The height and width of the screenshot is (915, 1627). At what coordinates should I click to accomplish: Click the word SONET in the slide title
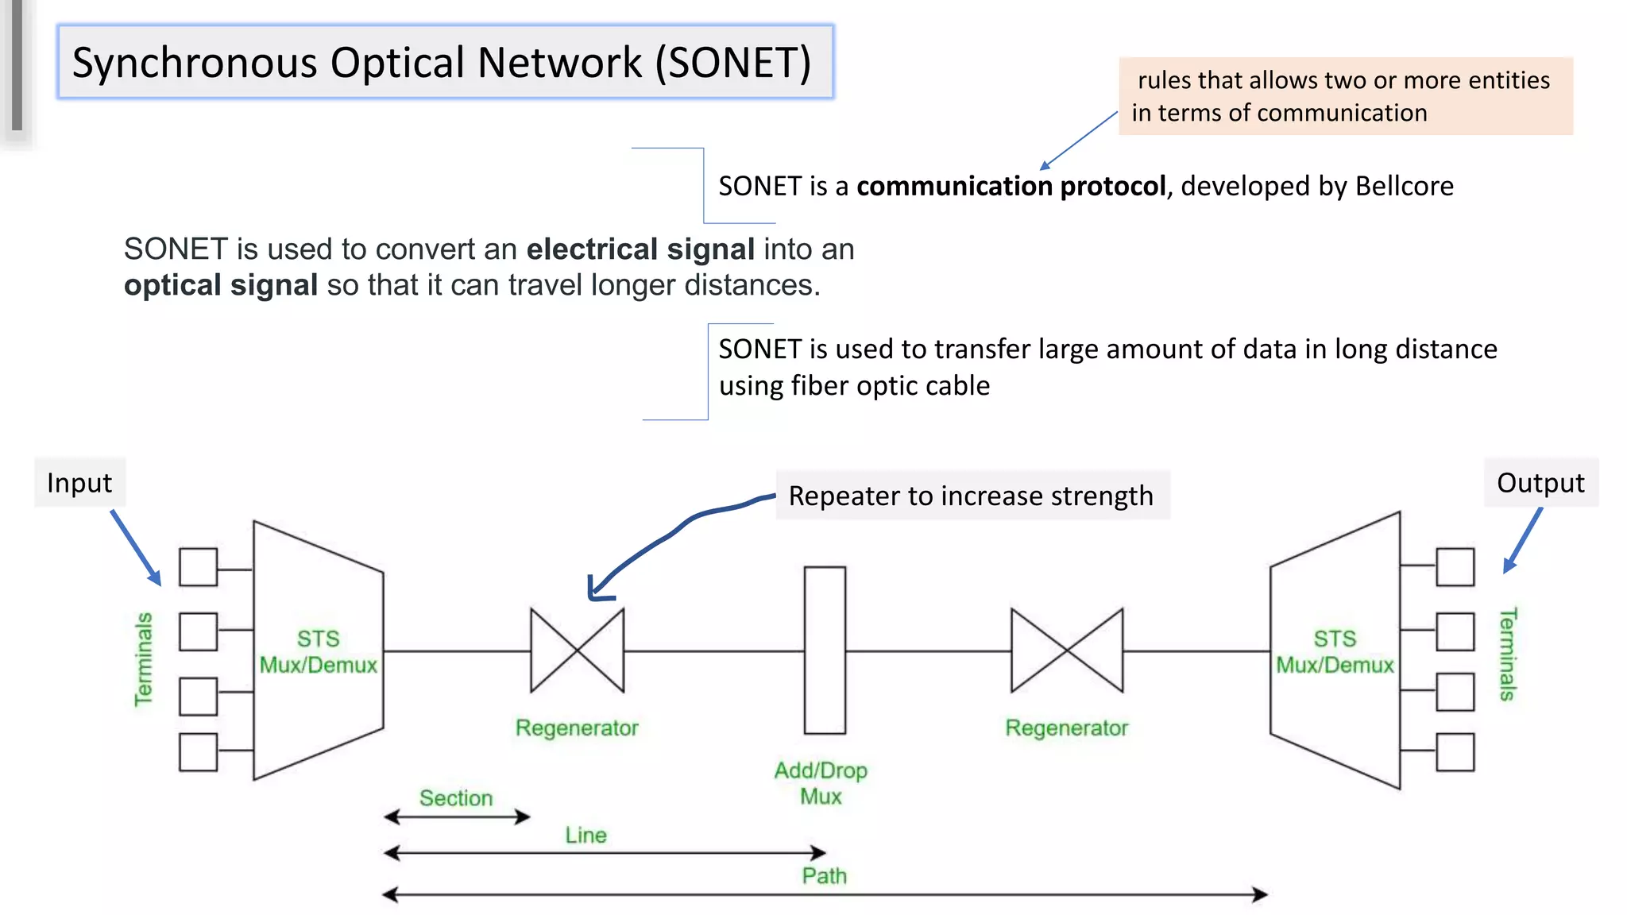click(x=735, y=63)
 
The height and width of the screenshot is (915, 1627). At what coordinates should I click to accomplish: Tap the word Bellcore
click(x=1404, y=186)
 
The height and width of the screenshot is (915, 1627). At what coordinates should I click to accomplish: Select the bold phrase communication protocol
click(x=1011, y=186)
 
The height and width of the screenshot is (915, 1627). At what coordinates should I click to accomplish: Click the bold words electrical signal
click(x=640, y=249)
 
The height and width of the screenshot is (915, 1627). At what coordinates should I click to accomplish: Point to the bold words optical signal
click(x=221, y=285)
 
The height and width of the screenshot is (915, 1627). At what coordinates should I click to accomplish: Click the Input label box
click(x=79, y=483)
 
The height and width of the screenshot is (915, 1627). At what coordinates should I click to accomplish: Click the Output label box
click(x=1540, y=483)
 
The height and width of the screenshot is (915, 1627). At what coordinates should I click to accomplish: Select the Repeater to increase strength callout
click(x=971, y=496)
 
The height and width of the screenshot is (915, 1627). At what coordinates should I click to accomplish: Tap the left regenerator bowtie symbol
click(x=578, y=651)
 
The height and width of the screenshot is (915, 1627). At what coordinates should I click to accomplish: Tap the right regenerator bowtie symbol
click(x=1067, y=651)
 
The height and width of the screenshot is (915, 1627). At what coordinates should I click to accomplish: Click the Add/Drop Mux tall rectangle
click(x=825, y=651)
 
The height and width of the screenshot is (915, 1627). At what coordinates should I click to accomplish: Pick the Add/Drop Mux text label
click(x=821, y=783)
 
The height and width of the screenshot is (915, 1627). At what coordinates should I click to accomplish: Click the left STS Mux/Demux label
click(x=319, y=652)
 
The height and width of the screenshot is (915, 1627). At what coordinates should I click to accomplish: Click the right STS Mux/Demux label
click(x=1335, y=652)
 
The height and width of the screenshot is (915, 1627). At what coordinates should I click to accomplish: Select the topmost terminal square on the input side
click(x=199, y=567)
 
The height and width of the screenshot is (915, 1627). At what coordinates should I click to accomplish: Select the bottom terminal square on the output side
click(x=1455, y=752)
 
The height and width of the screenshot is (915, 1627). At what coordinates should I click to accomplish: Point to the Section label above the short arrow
click(x=456, y=798)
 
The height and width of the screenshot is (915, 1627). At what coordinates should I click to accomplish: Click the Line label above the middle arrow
click(x=585, y=836)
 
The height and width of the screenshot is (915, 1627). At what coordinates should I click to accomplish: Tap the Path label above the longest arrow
click(x=824, y=876)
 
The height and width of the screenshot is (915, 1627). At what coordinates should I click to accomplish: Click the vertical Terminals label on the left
click(x=144, y=659)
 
